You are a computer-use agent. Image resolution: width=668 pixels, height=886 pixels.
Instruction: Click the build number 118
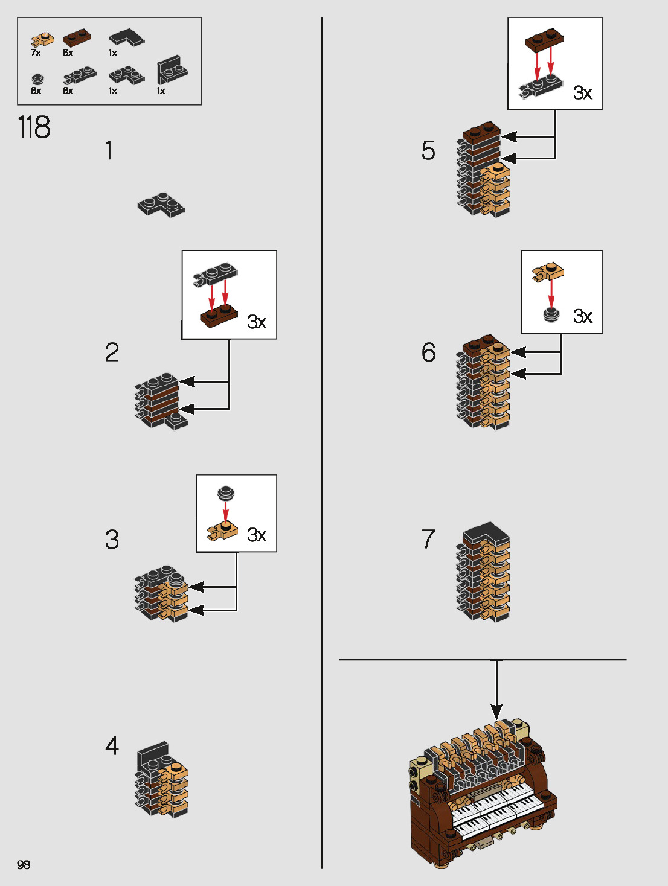(x=34, y=127)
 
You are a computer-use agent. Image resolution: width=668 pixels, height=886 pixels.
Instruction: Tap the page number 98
(x=24, y=864)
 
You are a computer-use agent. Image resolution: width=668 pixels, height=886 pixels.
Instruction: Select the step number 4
(x=112, y=746)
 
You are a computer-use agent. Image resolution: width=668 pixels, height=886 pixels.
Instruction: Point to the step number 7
(x=428, y=538)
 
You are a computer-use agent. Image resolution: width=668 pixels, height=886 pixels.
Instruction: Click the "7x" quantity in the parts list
(x=36, y=53)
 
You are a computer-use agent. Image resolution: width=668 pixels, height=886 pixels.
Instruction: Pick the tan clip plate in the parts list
(x=42, y=40)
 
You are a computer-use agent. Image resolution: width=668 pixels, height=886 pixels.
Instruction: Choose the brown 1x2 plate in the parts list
(x=77, y=38)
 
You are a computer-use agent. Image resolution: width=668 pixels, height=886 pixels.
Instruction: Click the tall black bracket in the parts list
(x=172, y=71)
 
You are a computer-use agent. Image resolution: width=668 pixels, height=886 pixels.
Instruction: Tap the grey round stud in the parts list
(x=37, y=78)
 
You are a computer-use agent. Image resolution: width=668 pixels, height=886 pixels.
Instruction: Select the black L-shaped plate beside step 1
(x=161, y=205)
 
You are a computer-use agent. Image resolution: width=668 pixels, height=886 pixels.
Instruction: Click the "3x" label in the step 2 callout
(x=257, y=322)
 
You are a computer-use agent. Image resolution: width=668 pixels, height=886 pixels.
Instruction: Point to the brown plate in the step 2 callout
(x=219, y=316)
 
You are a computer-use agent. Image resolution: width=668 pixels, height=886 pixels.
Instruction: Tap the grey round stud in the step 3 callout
(x=226, y=493)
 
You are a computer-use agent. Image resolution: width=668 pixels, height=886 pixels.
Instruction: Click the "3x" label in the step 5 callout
(x=582, y=93)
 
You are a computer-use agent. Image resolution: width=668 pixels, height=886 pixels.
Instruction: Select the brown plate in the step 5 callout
(x=544, y=40)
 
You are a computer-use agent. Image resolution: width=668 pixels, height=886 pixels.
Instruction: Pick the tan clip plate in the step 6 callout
(x=548, y=272)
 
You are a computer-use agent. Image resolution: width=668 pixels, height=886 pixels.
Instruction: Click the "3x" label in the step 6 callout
(x=582, y=316)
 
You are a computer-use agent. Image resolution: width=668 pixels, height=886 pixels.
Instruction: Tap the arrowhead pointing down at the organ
(x=496, y=712)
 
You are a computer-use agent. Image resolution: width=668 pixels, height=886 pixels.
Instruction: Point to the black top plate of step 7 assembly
(x=485, y=532)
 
